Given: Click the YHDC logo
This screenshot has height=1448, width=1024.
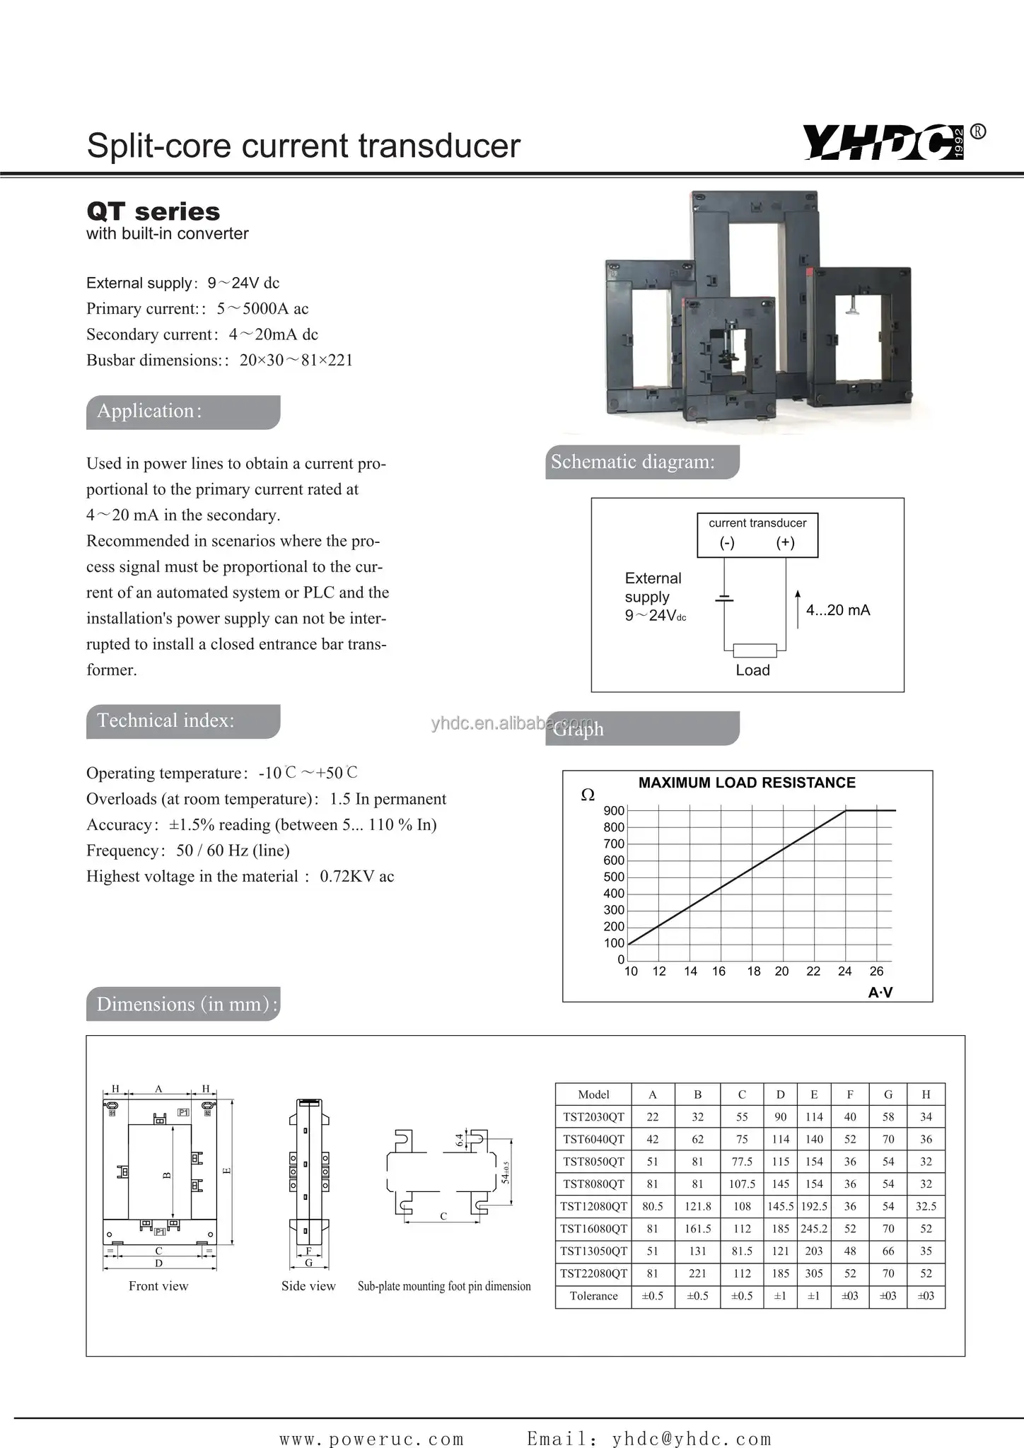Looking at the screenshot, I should [884, 142].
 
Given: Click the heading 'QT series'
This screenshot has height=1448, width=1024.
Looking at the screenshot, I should [153, 211].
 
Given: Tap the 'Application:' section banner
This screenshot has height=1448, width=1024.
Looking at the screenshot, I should [182, 411].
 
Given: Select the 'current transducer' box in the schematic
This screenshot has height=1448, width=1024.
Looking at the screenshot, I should [757, 535].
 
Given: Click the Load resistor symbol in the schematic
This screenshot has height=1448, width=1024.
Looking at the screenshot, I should [755, 650].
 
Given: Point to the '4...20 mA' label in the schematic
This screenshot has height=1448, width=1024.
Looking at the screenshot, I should [838, 610].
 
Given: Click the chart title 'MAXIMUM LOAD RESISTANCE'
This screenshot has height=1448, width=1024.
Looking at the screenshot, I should [747, 783].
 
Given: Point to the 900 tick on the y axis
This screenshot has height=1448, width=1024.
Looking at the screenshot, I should [614, 811].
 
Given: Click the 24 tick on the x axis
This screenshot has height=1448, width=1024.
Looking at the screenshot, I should [844, 971].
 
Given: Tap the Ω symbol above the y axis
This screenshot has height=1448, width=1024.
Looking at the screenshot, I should [587, 795].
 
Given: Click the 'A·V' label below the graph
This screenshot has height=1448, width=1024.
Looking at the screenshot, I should [880, 993].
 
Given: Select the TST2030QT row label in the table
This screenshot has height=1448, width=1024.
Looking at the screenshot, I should [593, 1117].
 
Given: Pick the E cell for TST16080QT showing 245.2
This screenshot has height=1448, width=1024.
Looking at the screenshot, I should [814, 1229].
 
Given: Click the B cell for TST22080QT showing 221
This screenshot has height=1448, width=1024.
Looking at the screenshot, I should [697, 1273].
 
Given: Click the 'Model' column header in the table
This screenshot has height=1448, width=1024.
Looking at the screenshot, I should [593, 1094].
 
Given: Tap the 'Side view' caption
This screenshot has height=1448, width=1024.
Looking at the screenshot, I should [308, 1286].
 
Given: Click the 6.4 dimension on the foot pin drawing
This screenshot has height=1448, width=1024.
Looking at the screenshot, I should [460, 1139].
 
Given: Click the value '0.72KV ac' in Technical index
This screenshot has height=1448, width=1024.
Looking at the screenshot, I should [356, 877].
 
